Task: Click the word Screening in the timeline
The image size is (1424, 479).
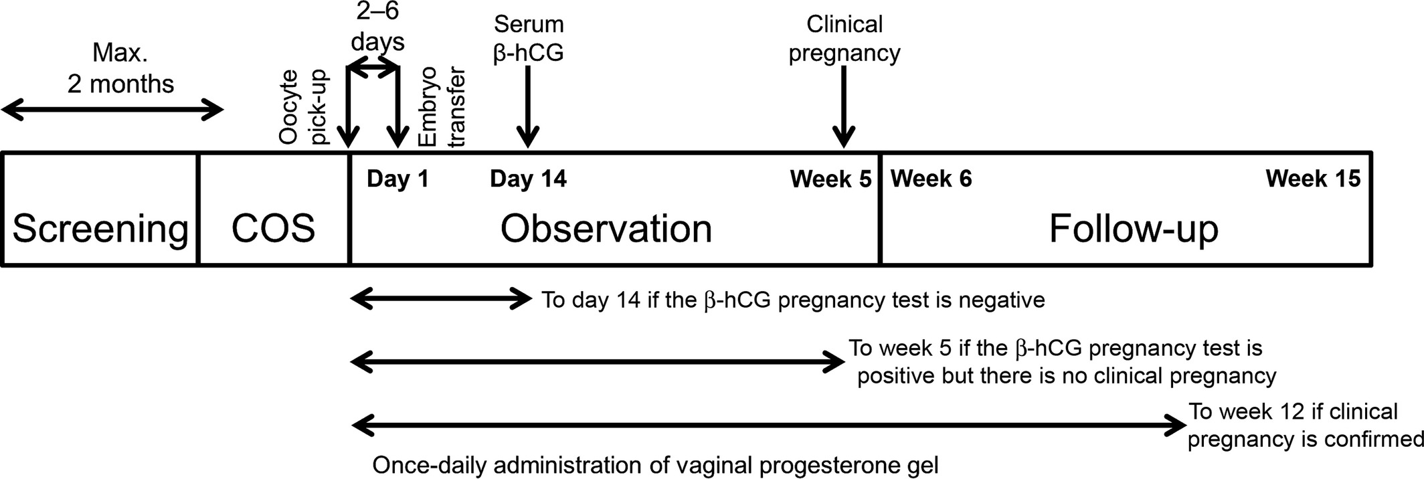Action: click(100, 229)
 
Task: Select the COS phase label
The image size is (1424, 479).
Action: click(273, 229)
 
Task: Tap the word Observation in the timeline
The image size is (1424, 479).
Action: click(606, 229)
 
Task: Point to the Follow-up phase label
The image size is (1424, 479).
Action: click(1134, 229)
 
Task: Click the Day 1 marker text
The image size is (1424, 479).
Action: click(398, 179)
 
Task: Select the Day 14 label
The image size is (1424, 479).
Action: click(529, 179)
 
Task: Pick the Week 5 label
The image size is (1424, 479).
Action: click(831, 179)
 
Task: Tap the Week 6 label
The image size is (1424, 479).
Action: click(931, 179)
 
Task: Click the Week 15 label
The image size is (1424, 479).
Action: click(1313, 179)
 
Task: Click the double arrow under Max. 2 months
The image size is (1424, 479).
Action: click(112, 110)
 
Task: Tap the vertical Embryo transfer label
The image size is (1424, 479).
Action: click(441, 107)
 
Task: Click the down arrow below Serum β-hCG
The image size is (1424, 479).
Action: click(528, 107)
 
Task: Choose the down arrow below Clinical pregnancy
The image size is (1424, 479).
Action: click(844, 107)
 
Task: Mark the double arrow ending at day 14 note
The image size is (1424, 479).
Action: click(441, 299)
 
